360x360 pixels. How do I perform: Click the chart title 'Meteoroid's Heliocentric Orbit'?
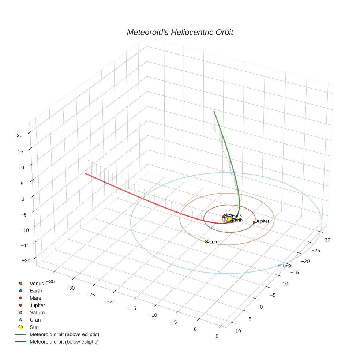pos(180,33)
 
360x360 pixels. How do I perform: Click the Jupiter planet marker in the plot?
pos(254,222)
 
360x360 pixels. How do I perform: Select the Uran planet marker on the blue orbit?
pos(280,265)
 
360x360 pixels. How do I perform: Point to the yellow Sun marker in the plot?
pos(229,219)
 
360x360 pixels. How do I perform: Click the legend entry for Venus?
pos(37,284)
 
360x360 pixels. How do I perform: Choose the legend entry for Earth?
pos(36,291)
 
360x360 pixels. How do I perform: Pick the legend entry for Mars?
pos(35,298)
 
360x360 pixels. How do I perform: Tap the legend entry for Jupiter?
pos(37,305)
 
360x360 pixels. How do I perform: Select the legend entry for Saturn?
pos(37,313)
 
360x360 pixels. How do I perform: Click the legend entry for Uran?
pos(35,320)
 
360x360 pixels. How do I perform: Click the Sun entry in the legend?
pos(34,327)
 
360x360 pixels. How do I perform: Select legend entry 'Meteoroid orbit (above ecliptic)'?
pos(64,334)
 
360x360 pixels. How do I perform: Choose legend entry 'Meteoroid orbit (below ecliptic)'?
pos(64,342)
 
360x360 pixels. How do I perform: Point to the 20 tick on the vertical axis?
pos(19,135)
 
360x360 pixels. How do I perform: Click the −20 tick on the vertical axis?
pos(26,260)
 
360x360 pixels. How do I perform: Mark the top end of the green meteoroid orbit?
pos(214,111)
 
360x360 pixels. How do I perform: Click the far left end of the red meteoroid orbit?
pos(86,173)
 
